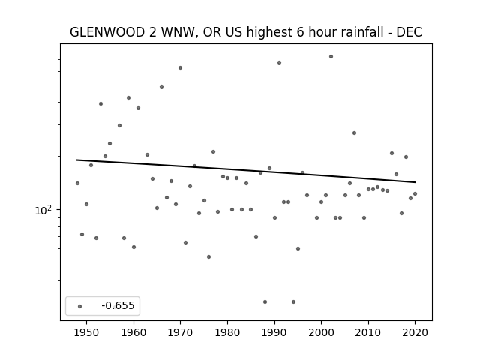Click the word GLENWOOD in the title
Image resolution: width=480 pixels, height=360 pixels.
[x=107, y=32]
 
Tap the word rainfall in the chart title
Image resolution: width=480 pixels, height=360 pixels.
[x=363, y=32]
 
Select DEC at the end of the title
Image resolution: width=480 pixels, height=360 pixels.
[x=409, y=32]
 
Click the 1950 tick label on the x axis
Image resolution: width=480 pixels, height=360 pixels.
[x=87, y=332]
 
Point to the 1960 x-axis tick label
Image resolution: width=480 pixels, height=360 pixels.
[x=133, y=332]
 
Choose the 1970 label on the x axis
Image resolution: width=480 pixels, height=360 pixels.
[x=180, y=332]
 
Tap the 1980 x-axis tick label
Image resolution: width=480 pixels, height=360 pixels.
[x=227, y=332]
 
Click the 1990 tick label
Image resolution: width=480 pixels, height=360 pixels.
[x=274, y=332]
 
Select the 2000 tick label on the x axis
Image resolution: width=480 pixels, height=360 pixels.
[x=321, y=332]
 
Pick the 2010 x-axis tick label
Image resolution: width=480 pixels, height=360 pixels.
[x=368, y=332]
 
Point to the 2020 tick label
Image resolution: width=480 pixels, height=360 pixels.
[x=415, y=332]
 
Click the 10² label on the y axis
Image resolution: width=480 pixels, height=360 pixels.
[x=43, y=210]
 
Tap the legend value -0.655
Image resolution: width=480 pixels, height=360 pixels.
[x=118, y=305]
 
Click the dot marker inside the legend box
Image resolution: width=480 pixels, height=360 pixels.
[x=80, y=306]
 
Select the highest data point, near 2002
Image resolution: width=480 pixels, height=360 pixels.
[x=331, y=57]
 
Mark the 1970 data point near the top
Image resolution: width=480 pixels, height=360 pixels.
[x=180, y=68]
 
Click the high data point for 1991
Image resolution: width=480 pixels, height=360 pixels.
[x=279, y=63]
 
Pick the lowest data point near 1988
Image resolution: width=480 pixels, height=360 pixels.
[x=265, y=301]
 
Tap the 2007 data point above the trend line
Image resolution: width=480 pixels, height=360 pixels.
[x=354, y=133]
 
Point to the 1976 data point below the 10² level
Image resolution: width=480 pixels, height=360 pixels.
[x=208, y=256]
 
